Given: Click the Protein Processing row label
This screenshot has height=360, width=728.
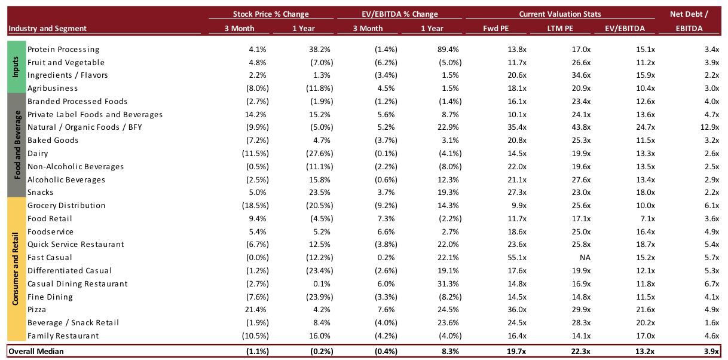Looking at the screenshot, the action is (63, 50).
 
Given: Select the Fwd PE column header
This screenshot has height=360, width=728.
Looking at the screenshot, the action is (495, 28).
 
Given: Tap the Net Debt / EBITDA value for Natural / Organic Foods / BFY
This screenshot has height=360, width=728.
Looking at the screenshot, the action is (709, 127).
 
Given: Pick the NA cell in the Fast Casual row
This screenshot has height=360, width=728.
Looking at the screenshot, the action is (585, 258).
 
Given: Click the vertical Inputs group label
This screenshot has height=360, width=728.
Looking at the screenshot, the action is (16, 67).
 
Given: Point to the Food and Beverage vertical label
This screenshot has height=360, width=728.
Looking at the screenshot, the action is (17, 145).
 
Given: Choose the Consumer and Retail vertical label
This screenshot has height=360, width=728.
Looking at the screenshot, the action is (16, 269).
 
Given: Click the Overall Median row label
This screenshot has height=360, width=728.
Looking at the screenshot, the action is (36, 351).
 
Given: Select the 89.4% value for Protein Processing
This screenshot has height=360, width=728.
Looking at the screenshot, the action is (448, 50).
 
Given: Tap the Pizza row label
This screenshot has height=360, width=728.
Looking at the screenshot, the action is (36, 310).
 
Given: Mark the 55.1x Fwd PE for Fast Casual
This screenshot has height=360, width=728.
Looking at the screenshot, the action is (517, 258).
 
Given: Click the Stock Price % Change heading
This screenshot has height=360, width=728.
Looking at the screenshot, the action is (271, 14).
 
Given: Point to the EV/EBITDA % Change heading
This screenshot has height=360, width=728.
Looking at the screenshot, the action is (400, 14).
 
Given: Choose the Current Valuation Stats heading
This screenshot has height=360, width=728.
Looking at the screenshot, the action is (560, 14).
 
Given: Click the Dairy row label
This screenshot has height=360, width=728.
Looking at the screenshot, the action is (38, 154).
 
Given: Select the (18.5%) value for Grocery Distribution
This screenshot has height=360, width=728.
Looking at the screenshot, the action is (255, 206).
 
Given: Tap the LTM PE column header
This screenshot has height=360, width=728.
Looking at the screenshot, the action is (560, 28).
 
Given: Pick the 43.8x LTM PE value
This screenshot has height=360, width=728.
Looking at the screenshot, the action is (581, 127).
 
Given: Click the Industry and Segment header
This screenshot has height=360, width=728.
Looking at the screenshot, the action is (47, 28).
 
